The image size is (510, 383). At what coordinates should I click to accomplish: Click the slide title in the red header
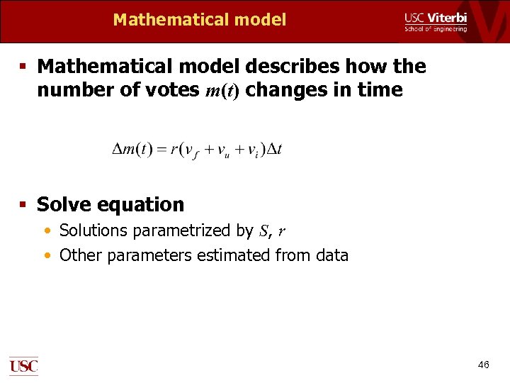[x=200, y=20]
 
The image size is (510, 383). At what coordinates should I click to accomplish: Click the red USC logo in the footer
[x=23, y=366]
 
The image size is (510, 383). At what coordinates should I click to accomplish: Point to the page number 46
[x=483, y=365]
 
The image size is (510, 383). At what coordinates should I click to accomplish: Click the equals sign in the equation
[x=161, y=150]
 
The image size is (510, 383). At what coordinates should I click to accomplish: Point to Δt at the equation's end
[x=273, y=150]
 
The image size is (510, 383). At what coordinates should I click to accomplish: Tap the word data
[x=331, y=255]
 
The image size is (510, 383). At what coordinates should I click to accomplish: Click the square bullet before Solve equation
[x=23, y=205]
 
